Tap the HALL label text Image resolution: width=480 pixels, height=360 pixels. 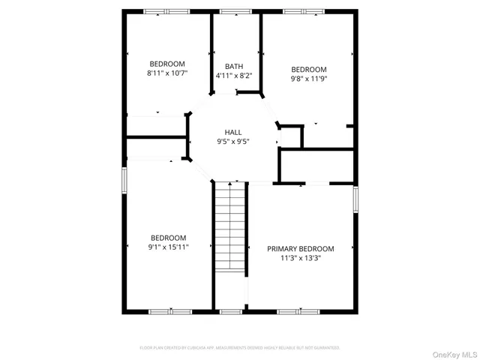[233, 131]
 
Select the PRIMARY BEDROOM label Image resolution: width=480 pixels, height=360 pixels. [301, 249]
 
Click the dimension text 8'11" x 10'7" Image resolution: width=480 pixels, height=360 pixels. [166, 73]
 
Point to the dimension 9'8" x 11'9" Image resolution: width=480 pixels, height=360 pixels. [309, 78]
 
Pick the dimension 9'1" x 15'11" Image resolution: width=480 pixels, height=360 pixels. [168, 246]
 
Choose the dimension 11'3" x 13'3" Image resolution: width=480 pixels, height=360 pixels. [301, 259]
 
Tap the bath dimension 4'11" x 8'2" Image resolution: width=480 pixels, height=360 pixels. [234, 75]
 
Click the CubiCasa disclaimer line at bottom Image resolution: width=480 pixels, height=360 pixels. [240, 348]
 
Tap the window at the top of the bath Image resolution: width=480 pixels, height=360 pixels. [232, 11]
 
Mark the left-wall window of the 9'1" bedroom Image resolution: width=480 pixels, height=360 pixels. [124, 183]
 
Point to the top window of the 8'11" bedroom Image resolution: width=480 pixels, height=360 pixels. [166, 11]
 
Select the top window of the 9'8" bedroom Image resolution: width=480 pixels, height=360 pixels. [303, 11]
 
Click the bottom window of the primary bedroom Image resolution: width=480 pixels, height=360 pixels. [299, 311]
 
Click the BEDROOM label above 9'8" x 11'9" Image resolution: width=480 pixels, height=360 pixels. [309, 69]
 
